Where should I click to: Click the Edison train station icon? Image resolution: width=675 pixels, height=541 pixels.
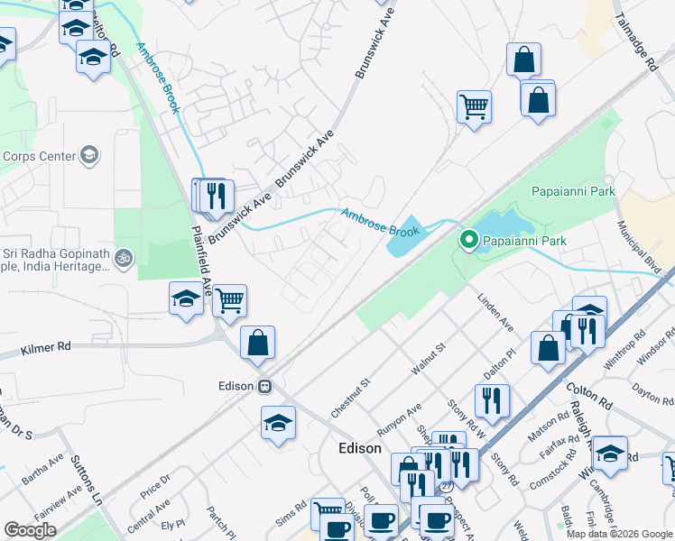(x=264, y=385)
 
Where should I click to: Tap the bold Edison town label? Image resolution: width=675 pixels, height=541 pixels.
(x=359, y=448)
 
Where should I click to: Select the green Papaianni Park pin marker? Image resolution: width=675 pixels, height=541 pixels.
(x=468, y=241)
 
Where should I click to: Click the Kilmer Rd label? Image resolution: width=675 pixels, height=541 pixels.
(x=46, y=346)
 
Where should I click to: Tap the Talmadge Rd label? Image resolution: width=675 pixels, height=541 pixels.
(x=635, y=42)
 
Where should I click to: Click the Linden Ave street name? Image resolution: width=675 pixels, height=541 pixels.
(x=495, y=311)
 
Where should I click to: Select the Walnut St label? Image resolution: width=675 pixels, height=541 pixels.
(x=428, y=358)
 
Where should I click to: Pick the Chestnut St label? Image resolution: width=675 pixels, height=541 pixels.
(x=351, y=397)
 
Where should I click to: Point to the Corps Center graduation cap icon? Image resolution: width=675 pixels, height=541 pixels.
(x=89, y=156)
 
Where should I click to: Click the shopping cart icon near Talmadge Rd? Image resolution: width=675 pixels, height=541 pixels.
(x=474, y=107)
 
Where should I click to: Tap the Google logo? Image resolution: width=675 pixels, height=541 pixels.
(x=30, y=530)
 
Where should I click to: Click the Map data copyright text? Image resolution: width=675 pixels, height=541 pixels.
(x=619, y=534)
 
